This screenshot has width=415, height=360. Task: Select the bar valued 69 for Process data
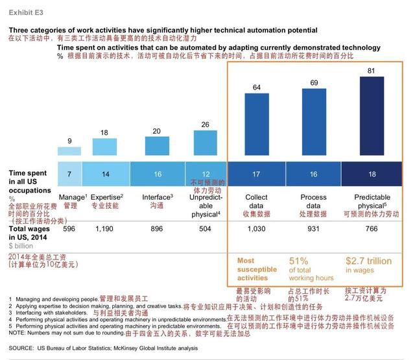pos(314,126)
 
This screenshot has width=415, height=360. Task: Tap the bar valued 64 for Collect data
pos(257,128)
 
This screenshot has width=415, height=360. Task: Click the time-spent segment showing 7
pos(71,174)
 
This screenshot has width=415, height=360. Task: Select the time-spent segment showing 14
pos(106,174)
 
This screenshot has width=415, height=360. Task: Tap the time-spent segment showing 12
pos(206,174)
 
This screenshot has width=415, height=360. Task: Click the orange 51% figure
pos(302,261)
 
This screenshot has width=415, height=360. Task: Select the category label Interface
pos(156,197)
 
